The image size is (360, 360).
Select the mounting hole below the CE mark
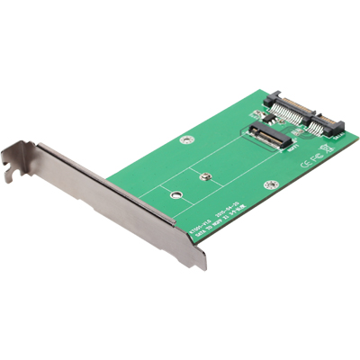click(x=268, y=183)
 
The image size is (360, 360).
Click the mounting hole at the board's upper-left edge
click(x=186, y=140)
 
